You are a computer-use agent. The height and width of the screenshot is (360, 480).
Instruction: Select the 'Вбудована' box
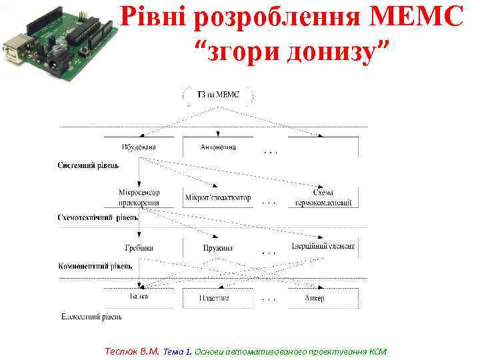click(139, 147)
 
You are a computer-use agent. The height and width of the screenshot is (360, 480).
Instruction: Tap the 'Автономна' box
click(217, 147)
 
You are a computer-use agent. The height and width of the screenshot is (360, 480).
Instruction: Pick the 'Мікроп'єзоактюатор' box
click(218, 197)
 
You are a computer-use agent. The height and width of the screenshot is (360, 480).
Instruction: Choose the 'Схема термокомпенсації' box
click(323, 197)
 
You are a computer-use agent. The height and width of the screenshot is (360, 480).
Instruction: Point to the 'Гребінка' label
click(139, 247)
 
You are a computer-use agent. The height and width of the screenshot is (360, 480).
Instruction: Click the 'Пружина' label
click(218, 248)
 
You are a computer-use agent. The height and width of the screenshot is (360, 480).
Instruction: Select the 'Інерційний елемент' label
click(323, 247)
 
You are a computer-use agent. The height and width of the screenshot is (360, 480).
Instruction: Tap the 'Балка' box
click(139, 296)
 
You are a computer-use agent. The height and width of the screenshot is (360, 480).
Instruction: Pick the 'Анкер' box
click(315, 298)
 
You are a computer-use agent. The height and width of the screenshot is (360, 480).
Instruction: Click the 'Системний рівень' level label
click(89, 165)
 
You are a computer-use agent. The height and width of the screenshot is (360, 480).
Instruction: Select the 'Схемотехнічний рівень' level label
click(98, 217)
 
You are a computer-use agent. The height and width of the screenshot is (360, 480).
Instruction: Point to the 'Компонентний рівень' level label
click(95, 265)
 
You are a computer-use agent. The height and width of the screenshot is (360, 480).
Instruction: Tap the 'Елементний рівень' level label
click(91, 316)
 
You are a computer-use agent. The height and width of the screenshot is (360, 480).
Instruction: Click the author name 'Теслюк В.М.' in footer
click(133, 351)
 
